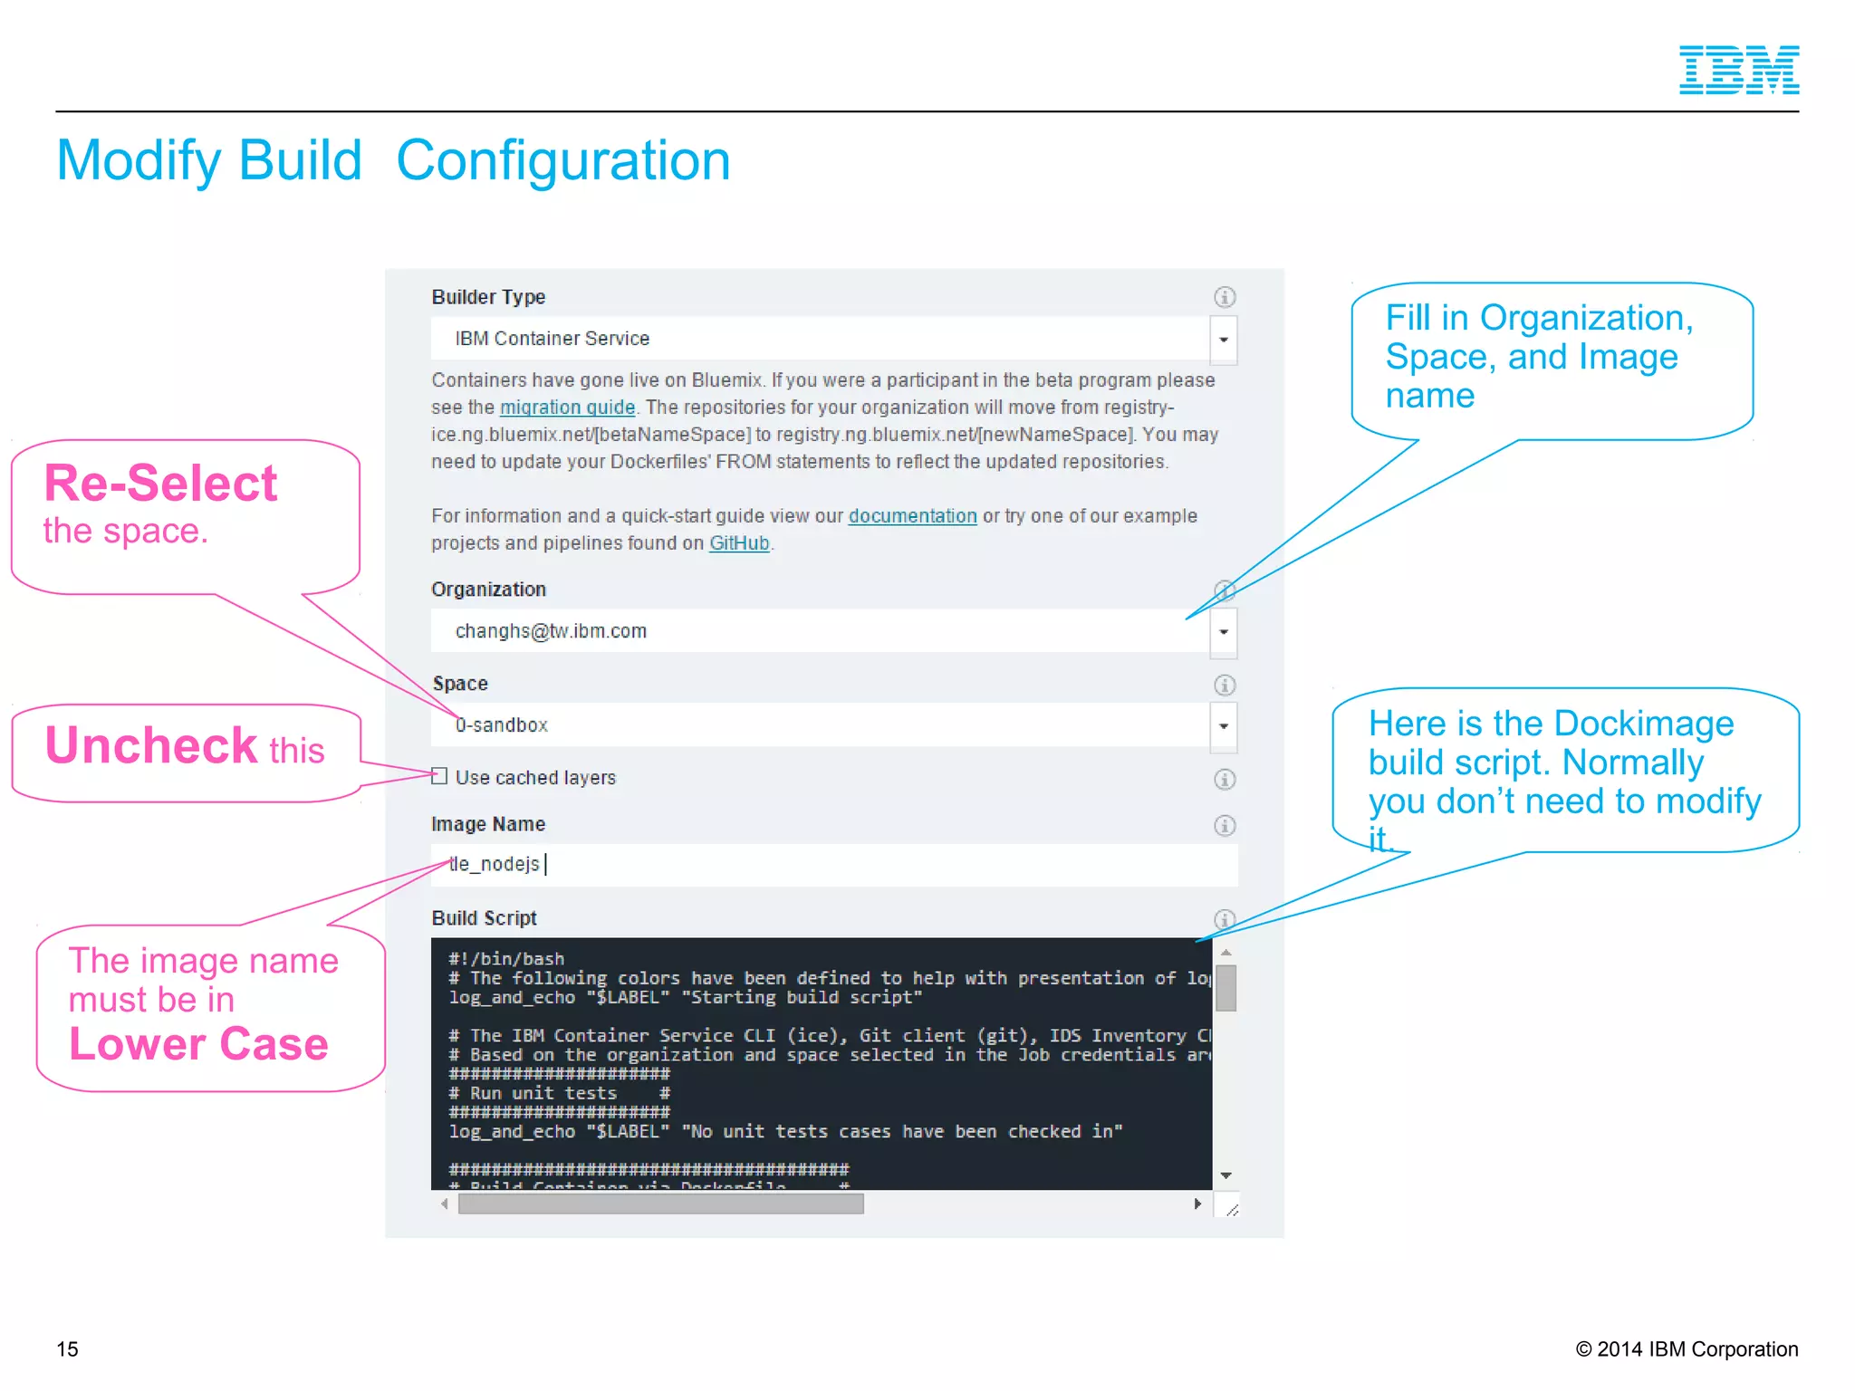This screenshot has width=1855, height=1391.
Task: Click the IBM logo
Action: point(1738,70)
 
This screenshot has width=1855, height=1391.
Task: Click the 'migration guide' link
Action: point(567,408)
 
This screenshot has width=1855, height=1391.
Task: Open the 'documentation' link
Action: point(912,516)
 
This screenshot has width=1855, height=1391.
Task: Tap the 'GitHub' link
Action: point(739,543)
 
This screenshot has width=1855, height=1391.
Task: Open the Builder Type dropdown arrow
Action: point(1224,340)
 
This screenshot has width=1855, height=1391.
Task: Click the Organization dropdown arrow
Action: point(1224,632)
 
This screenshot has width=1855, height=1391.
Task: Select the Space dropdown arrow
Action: point(1224,726)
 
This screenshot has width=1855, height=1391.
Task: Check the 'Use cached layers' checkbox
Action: point(439,776)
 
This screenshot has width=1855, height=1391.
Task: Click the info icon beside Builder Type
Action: point(1225,297)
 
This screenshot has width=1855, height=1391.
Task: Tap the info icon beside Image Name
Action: point(1225,825)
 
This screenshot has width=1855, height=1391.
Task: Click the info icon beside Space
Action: point(1225,685)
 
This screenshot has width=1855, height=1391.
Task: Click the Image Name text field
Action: point(833,865)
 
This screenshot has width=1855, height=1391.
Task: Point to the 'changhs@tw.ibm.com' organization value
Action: point(551,631)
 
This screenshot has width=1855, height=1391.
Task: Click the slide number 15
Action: point(68,1349)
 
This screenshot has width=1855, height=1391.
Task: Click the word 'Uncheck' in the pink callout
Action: point(151,746)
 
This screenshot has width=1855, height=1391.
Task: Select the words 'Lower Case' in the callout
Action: point(198,1044)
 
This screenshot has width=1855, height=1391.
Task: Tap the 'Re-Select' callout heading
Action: point(160,484)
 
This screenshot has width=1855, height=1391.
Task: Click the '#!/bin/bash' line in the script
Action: point(506,958)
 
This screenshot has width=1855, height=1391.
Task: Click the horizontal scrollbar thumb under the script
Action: point(660,1204)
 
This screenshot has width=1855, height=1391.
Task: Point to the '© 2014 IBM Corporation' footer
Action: point(1687,1349)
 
